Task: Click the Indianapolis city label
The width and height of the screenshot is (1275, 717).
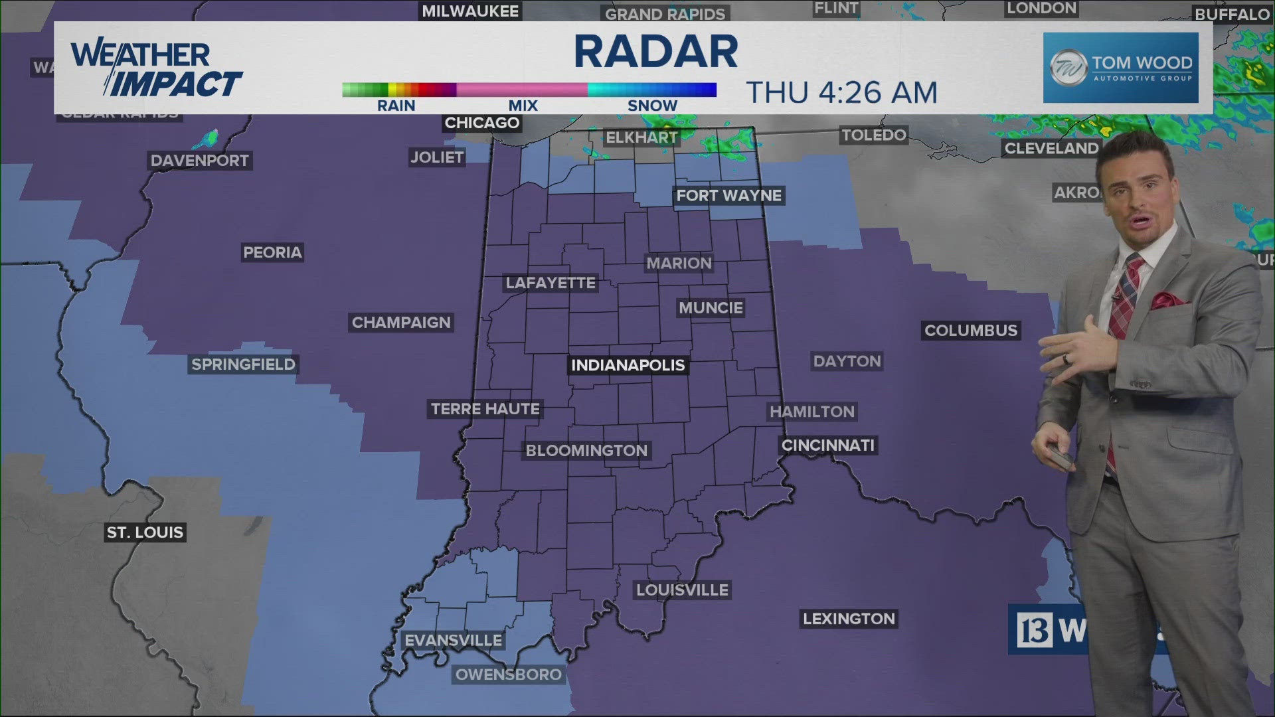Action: coord(628,365)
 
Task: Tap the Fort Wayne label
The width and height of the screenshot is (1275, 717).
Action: coord(728,195)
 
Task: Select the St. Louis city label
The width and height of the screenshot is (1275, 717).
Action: coord(145,532)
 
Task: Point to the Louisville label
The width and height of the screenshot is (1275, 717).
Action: coord(682,590)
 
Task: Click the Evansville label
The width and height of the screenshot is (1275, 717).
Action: coord(454,641)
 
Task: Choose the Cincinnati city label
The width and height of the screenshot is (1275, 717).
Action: coord(828,445)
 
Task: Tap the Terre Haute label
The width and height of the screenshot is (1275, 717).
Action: coord(485,409)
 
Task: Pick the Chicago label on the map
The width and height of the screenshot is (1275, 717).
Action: coord(481,123)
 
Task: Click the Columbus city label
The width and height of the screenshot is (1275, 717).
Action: coord(970,330)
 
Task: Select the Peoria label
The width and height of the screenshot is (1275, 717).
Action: coord(272,252)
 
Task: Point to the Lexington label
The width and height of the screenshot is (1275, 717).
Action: coord(849,619)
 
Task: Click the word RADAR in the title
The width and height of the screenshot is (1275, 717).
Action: coord(655,52)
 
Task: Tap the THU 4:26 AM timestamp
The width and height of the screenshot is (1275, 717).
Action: coord(841,92)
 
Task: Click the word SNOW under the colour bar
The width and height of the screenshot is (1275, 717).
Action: coord(652,106)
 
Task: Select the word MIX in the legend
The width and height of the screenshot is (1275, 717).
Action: coord(523,106)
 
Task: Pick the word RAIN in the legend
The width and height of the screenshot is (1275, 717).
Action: coord(396,106)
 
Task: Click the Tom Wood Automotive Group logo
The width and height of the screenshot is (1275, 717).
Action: coord(1120,68)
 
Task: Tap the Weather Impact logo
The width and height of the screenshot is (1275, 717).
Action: coord(156,68)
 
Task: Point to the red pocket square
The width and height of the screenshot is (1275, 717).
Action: coord(1168,300)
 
